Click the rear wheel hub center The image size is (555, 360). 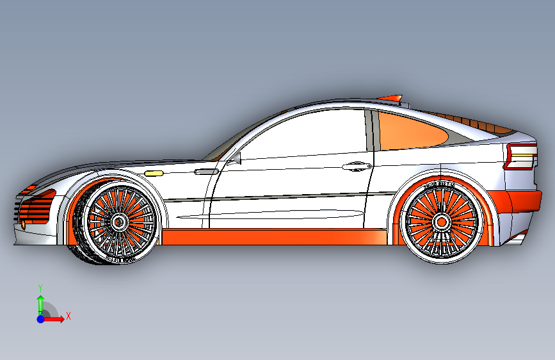[x=442, y=222]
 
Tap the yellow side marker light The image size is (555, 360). [x=154, y=173]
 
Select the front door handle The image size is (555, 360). [x=205, y=171]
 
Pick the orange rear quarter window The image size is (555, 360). [x=410, y=131]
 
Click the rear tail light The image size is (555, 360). [x=520, y=157]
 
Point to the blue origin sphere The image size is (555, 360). [x=40, y=318]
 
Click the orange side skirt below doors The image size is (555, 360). [x=269, y=236]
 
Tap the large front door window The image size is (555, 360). [x=307, y=131]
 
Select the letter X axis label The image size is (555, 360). [x=68, y=316]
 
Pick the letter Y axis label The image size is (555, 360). [x=40, y=288]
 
